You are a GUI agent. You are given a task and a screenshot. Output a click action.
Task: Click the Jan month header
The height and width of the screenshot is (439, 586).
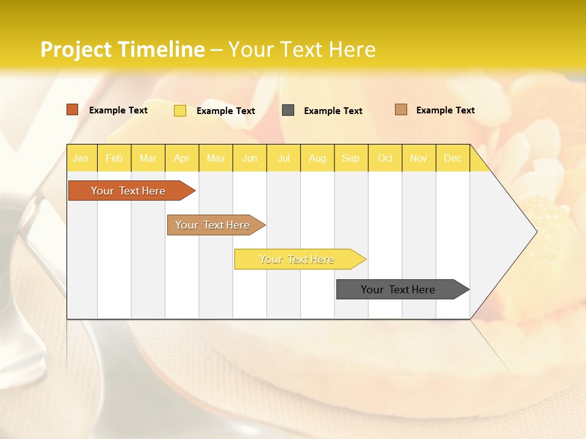81,159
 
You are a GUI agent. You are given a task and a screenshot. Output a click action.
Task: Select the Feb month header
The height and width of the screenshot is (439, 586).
114,159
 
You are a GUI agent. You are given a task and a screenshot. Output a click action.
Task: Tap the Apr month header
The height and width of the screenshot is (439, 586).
181,159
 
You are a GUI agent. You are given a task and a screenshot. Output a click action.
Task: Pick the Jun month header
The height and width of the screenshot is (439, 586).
250,159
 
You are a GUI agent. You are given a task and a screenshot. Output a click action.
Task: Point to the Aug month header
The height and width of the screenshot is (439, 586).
317,159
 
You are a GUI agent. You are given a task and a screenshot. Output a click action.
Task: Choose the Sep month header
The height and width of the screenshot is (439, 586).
350,159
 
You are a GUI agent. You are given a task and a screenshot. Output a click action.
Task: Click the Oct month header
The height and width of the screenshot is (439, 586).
385,159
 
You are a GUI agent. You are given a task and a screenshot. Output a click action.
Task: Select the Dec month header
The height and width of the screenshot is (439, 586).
452,159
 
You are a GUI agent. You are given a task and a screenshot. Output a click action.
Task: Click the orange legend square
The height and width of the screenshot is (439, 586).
73,110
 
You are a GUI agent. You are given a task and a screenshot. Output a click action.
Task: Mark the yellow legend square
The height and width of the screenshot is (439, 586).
180,110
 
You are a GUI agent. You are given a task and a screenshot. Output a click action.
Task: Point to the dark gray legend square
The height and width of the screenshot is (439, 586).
288,110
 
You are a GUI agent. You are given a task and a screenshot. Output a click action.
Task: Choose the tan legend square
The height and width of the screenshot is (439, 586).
401,110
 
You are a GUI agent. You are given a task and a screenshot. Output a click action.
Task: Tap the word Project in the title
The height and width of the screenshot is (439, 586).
76,49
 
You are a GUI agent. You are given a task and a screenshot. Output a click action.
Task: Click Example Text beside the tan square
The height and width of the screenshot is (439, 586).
445,110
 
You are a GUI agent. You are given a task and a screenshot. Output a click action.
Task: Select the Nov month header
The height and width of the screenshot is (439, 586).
419,159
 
